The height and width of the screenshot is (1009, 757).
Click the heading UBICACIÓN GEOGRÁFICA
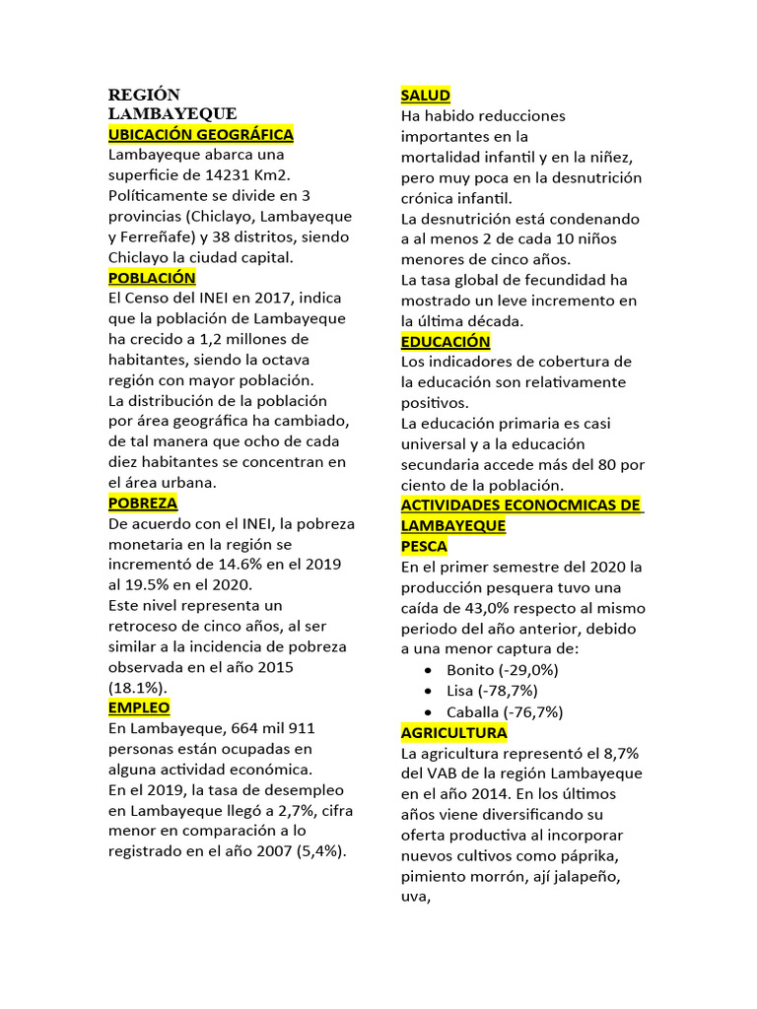point(200,134)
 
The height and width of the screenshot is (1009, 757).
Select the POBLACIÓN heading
point(152,278)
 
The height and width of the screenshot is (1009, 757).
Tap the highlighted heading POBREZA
point(143,503)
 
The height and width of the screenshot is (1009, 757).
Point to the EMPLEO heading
point(139,707)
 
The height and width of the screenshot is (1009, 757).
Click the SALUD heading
point(426,95)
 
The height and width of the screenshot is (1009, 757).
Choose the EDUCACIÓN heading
point(446,341)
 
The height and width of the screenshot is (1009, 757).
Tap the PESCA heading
point(424,546)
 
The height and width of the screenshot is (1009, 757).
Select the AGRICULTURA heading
point(454,732)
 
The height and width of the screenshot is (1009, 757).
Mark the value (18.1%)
point(137,687)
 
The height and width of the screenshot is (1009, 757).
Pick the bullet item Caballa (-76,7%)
point(505,711)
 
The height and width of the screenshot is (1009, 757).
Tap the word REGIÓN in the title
point(144,95)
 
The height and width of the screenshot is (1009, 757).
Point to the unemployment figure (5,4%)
point(324,851)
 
